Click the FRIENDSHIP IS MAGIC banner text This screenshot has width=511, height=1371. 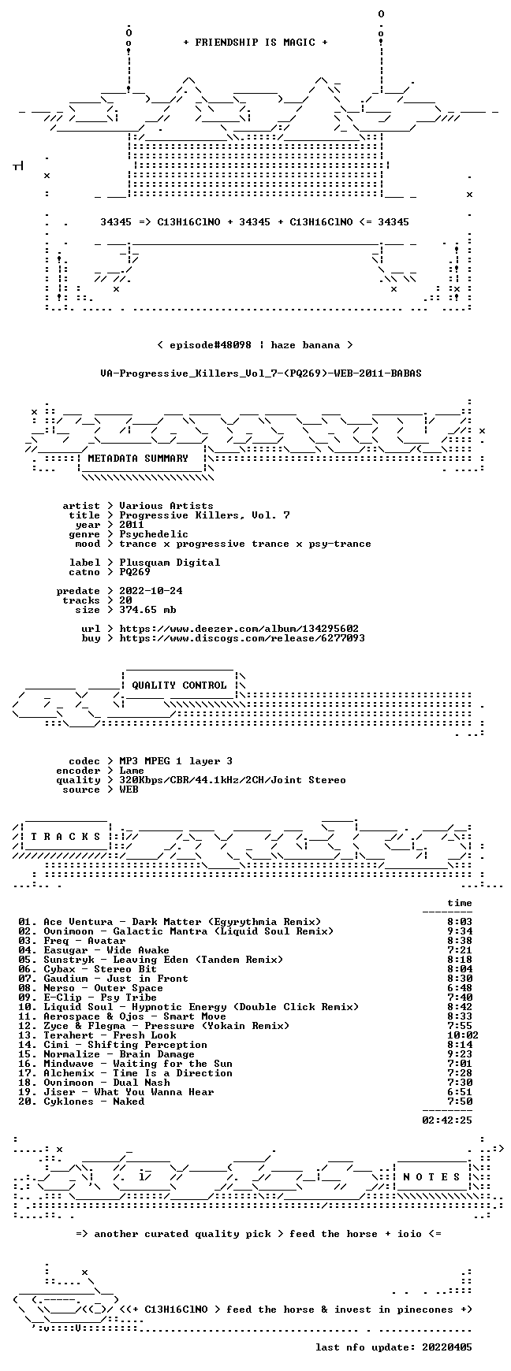tap(255, 43)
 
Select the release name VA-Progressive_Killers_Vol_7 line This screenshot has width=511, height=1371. tap(261, 373)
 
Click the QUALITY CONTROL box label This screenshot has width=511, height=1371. tap(179, 685)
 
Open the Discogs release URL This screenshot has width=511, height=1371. tap(242, 638)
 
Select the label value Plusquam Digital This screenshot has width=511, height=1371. tap(170, 563)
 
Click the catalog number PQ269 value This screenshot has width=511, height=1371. tap(135, 572)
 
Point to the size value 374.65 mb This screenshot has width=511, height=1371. tap(147, 610)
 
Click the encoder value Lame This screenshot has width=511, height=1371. tap(132, 771)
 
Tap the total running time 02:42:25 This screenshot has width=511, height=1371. tap(447, 1120)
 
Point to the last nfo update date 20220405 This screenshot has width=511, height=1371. tap(447, 1347)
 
